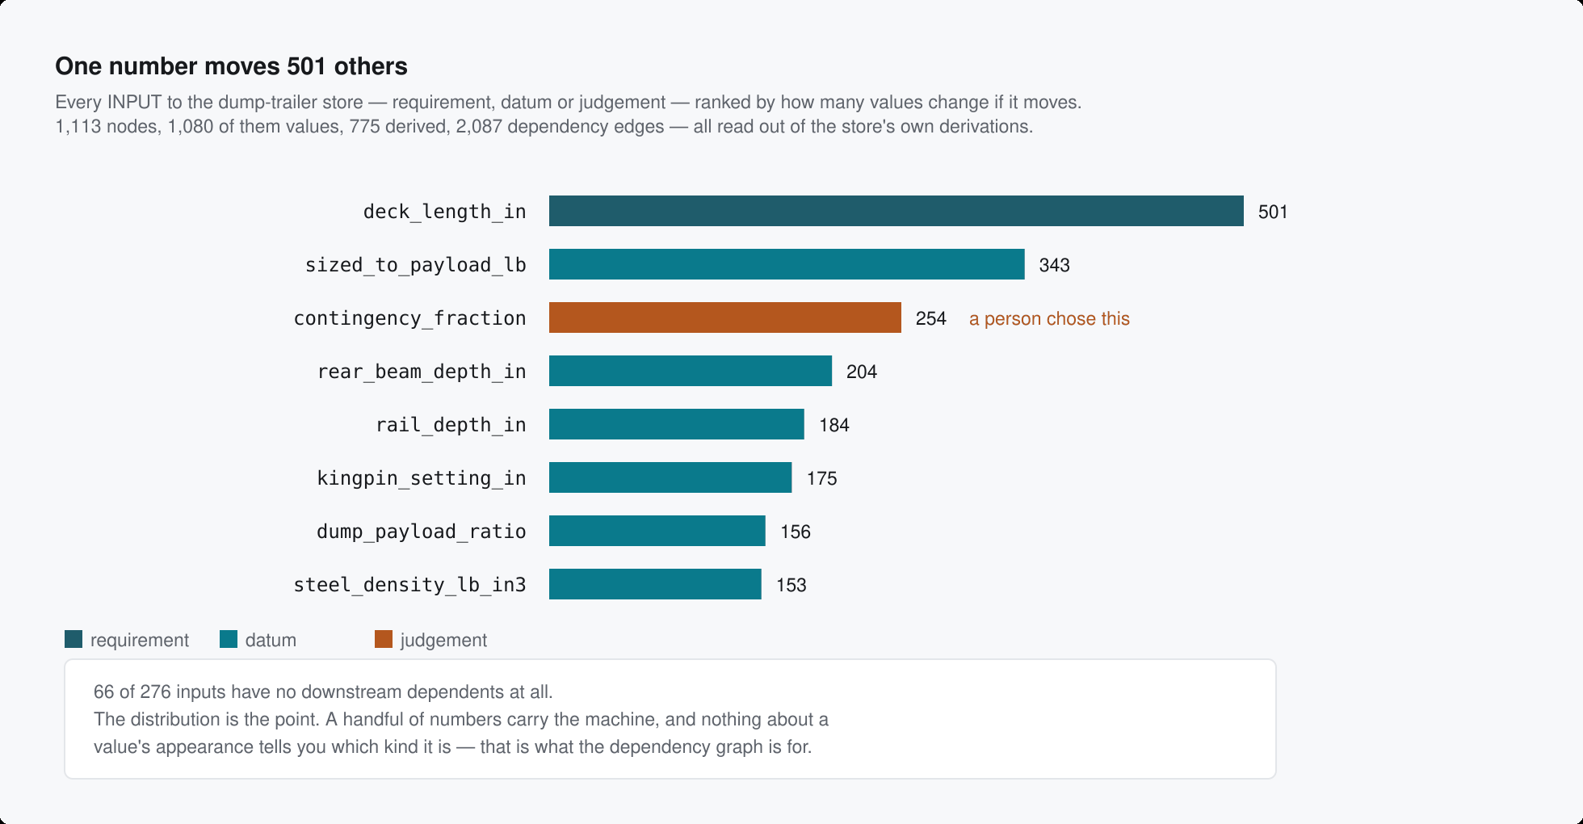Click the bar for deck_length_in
(896, 211)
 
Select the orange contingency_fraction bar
(725, 317)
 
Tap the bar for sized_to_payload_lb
(787, 264)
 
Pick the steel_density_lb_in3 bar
(655, 584)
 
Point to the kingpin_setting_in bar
(670, 477)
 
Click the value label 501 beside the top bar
(1273, 212)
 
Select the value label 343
(1054, 265)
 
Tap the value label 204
(862, 372)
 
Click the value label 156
(796, 532)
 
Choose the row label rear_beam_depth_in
(422, 372)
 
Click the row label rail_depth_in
(451, 425)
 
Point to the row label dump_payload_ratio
(422, 532)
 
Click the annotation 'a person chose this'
(1049, 319)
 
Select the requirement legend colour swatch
(73, 639)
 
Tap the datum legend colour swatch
(229, 639)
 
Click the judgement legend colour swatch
(384, 639)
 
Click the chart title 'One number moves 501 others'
(231, 66)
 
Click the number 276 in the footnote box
(155, 692)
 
